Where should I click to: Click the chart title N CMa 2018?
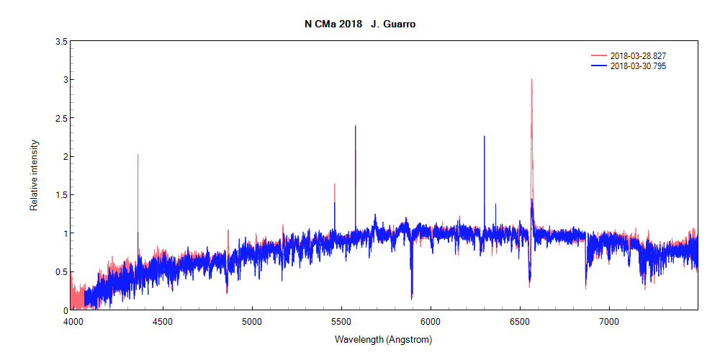click(333, 24)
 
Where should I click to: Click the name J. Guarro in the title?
click(393, 24)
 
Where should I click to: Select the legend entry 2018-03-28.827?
click(642, 56)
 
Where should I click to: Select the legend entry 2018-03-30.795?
click(642, 66)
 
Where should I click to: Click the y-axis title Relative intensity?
click(34, 176)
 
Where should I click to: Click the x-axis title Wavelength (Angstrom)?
click(383, 339)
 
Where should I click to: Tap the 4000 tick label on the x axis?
click(71, 321)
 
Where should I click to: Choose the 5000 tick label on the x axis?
click(252, 321)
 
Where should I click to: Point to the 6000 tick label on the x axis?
click(431, 321)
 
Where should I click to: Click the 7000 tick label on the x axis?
click(609, 321)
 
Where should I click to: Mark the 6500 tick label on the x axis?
click(520, 321)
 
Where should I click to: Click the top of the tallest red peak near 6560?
click(531, 80)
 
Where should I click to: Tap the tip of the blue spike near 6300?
click(484, 136)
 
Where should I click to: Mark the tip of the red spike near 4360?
click(138, 155)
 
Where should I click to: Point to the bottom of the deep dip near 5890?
click(412, 297)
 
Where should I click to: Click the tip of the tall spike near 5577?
click(355, 126)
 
